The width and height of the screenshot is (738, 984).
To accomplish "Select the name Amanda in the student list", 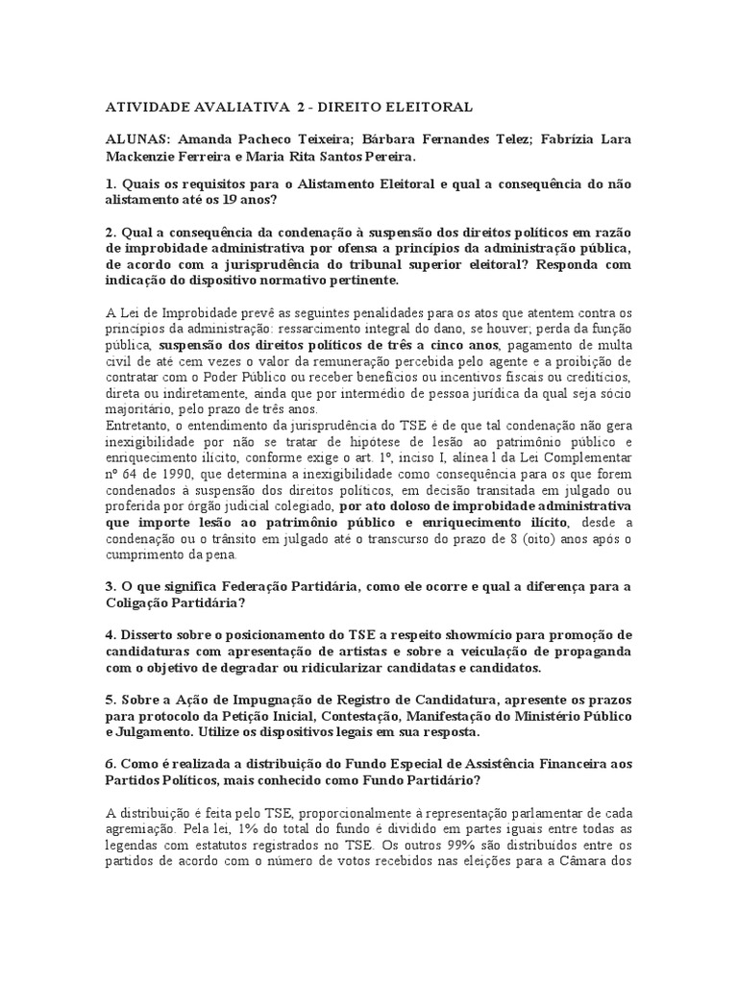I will coord(204,139).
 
